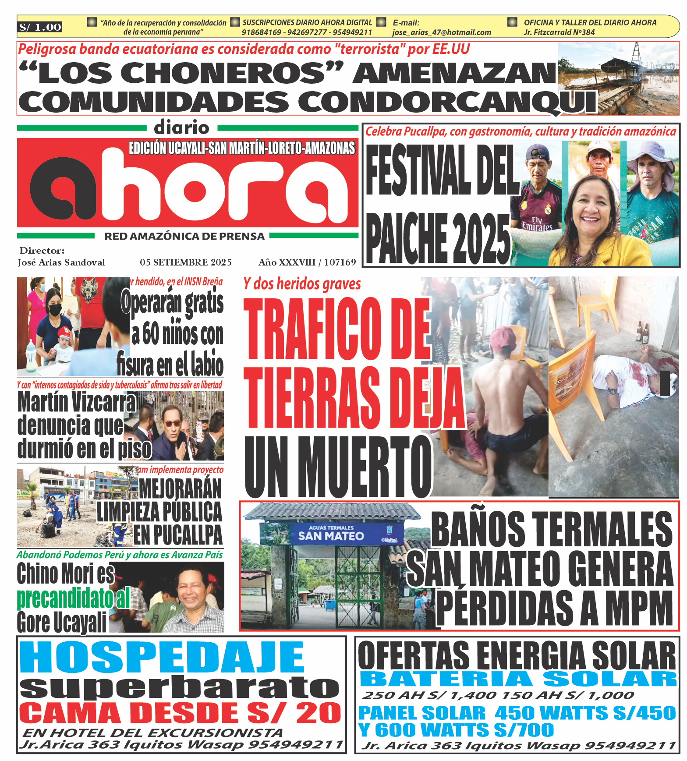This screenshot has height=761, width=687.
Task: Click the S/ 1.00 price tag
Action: [x=40, y=27]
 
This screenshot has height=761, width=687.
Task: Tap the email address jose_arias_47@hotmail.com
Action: [x=441, y=32]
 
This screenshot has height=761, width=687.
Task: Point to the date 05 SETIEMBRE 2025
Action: [x=186, y=262]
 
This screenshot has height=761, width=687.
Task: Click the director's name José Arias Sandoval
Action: [x=61, y=262]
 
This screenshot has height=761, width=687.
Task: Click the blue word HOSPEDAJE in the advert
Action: [x=162, y=658]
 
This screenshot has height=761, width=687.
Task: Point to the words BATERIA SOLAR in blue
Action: [x=518, y=680]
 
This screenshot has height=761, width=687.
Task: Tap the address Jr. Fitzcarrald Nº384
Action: [x=559, y=32]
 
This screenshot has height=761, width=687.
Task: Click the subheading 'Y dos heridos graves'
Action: [x=302, y=284]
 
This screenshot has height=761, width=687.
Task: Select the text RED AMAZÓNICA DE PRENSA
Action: [x=184, y=237]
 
